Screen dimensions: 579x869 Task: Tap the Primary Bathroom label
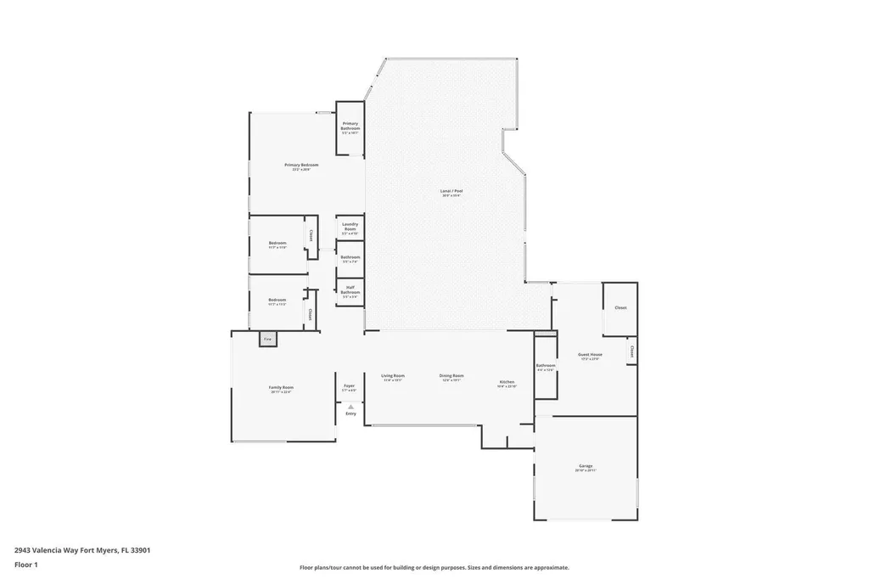350,126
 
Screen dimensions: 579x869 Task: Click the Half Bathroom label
350,289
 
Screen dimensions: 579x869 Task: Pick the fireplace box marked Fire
267,339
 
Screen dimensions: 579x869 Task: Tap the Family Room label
281,387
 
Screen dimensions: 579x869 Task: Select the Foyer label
349,385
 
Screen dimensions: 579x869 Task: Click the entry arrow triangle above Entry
350,407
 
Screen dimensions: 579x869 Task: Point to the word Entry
350,413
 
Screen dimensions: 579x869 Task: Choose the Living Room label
392,375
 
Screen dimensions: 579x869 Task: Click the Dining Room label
451,375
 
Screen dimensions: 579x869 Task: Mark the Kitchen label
507,383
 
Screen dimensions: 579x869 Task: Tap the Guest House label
590,354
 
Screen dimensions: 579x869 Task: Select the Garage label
586,465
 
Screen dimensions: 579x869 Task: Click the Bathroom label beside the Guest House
545,366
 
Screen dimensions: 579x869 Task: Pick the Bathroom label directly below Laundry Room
350,256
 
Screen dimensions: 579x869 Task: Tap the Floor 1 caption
25,564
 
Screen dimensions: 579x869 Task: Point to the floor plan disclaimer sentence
434,567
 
